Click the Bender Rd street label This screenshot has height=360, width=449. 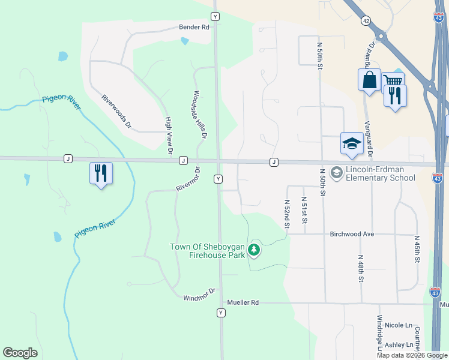point(194,27)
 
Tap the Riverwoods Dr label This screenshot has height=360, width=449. point(116,112)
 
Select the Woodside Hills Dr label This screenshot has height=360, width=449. point(199,115)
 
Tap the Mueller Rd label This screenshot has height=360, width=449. point(242,303)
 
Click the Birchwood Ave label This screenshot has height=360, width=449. point(352,234)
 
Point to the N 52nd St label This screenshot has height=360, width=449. point(287,214)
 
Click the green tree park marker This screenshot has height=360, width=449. point(254,250)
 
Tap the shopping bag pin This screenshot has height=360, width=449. point(369,79)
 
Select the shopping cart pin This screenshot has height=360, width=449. point(393,81)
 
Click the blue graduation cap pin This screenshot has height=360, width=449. point(352,143)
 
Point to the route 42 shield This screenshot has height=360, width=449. point(366,20)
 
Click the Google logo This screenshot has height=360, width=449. point(20,353)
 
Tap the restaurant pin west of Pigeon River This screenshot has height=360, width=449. point(101,173)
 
